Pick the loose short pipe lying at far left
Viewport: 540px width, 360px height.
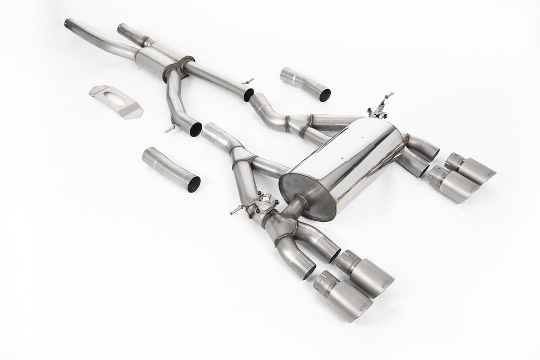click(170, 168)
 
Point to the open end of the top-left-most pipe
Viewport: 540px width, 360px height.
click(68, 22)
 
